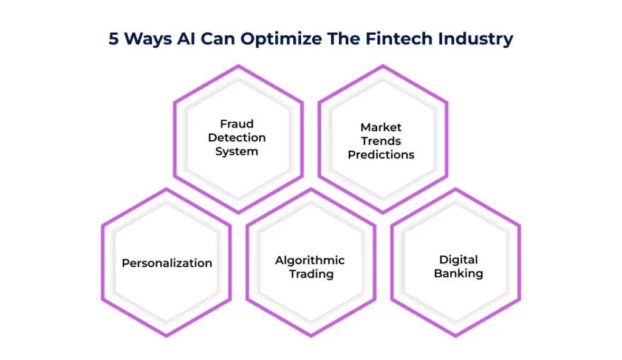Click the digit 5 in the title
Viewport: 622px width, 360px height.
[x=114, y=39]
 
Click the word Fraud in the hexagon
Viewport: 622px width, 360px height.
[x=237, y=124]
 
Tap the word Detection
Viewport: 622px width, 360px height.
[x=237, y=138]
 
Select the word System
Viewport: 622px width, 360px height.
[x=237, y=151]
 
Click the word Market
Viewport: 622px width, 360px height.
[x=381, y=127]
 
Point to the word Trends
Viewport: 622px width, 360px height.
[x=381, y=141]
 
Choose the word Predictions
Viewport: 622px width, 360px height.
[x=381, y=155]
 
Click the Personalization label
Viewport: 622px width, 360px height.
[x=167, y=263]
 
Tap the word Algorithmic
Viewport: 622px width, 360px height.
[x=310, y=260]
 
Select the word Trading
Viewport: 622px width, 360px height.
[x=311, y=274]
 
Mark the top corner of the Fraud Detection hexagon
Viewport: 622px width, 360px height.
[x=238, y=66]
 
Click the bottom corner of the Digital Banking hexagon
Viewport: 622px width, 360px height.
[x=456, y=336]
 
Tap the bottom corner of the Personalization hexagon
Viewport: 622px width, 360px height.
[x=166, y=336]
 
